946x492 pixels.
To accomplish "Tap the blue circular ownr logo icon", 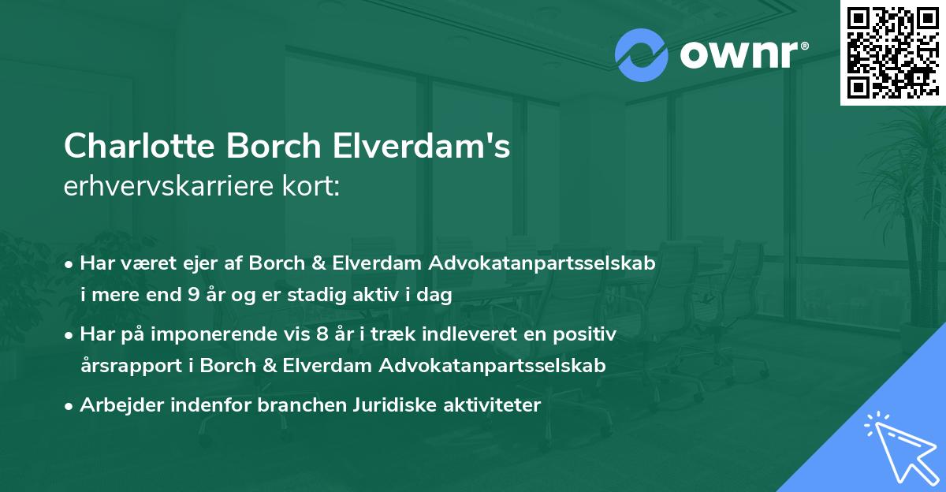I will pos(642,54).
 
